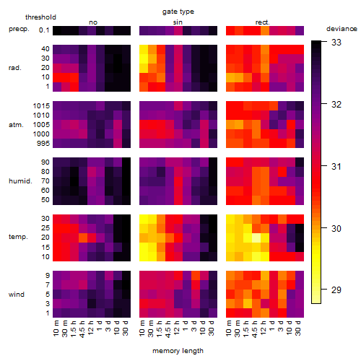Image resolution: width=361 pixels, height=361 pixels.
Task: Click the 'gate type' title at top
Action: [178, 12]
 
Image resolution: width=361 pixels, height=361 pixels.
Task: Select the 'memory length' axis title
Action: [178, 351]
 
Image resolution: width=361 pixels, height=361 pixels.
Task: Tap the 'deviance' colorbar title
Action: [342, 29]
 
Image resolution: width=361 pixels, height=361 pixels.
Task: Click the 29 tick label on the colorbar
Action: [336, 290]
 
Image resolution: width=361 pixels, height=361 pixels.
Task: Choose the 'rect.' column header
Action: [263, 22]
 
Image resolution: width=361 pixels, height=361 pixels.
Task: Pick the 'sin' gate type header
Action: [178, 22]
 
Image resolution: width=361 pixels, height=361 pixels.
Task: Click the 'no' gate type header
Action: [93, 22]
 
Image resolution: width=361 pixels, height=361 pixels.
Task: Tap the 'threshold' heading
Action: [40, 17]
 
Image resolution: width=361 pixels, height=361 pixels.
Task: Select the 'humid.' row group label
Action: [20, 181]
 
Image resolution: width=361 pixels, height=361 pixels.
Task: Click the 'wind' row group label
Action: [17, 295]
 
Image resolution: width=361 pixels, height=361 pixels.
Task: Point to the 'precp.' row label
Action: [19, 29]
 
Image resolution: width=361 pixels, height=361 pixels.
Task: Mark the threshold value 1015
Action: [41, 106]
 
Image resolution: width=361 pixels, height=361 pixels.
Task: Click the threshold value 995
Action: [43, 144]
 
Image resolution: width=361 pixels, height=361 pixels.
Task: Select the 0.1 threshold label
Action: [44, 30]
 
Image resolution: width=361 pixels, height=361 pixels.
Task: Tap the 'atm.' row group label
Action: [16, 125]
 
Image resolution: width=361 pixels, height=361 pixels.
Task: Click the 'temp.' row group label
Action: [18, 237]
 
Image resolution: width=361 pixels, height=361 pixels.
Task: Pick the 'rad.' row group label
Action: [15, 68]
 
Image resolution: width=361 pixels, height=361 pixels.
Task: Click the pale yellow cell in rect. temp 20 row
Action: [256, 238]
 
